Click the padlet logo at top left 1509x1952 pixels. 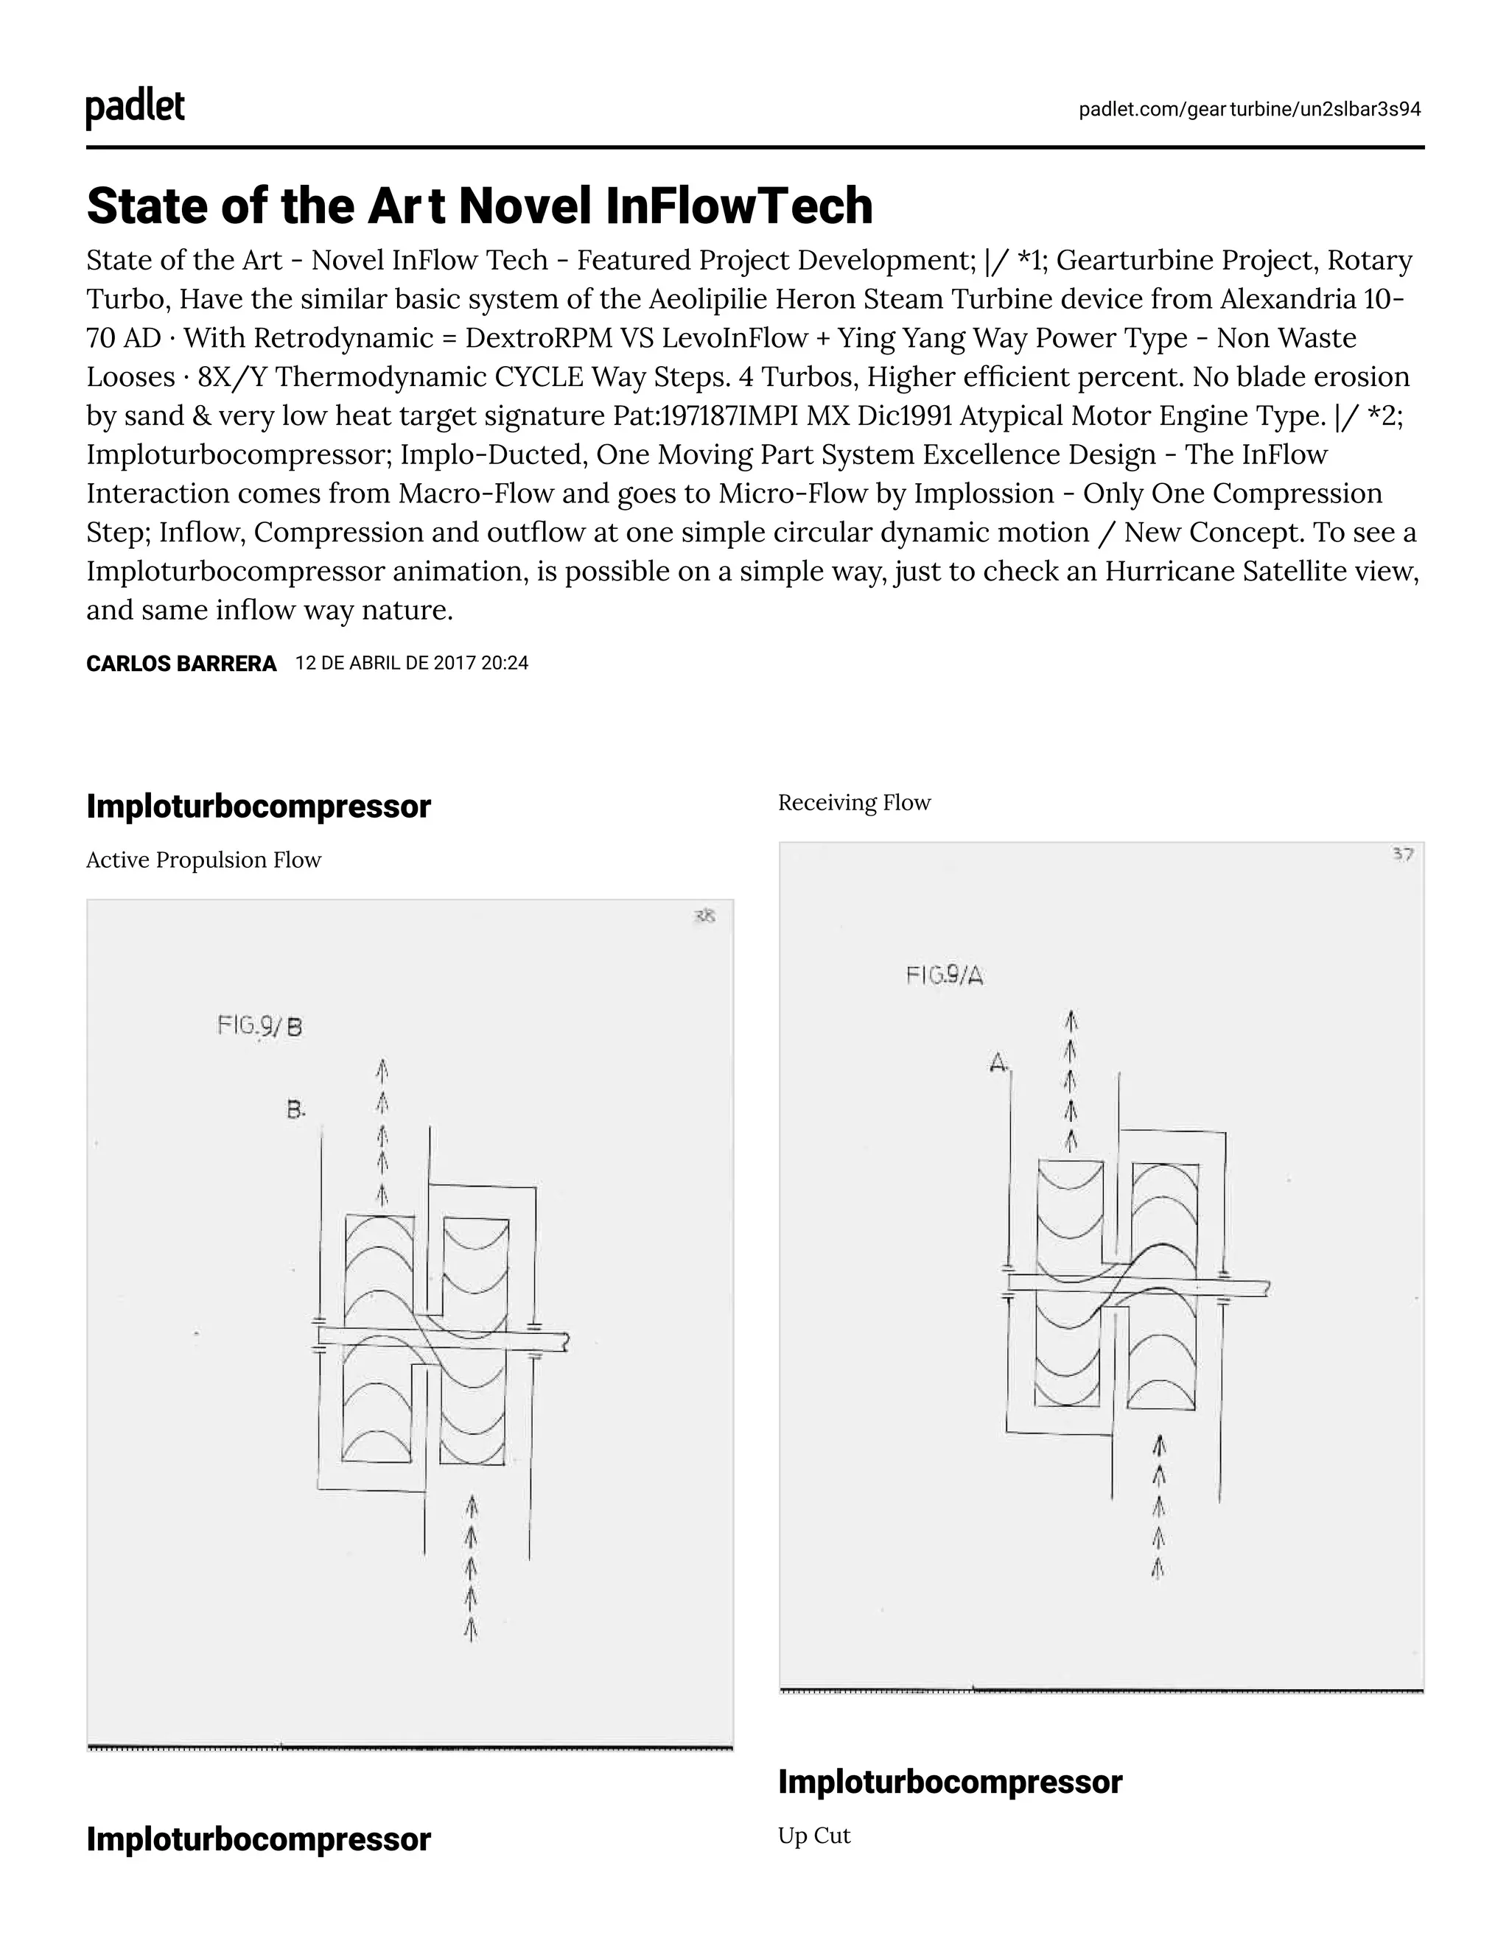(135, 108)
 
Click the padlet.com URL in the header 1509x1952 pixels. (1249, 109)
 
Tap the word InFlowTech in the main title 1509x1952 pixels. (738, 206)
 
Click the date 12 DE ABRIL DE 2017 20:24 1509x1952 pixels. (411, 663)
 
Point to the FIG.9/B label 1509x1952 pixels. (259, 1025)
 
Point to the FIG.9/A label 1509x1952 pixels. (944, 975)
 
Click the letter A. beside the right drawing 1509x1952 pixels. (998, 1063)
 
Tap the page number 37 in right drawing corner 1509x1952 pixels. (1403, 854)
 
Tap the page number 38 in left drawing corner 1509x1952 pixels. (704, 916)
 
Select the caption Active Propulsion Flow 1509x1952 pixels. (203, 860)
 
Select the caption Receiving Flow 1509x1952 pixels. (854, 803)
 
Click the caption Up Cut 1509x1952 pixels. (813, 1836)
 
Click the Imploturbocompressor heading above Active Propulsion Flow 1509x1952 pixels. (259, 806)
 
